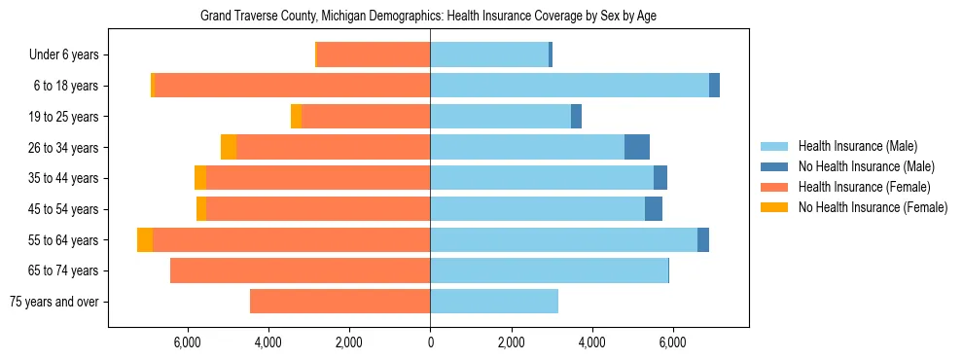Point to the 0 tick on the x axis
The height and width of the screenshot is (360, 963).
[x=430, y=342]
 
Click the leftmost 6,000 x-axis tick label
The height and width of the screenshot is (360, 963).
[x=187, y=342]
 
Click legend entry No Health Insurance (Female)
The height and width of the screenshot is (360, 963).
[x=873, y=207]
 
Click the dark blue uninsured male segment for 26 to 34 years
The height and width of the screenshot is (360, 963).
[x=637, y=147]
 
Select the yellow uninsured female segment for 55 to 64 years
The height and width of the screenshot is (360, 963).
[x=145, y=239]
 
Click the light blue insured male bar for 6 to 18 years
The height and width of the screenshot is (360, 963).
[x=569, y=86]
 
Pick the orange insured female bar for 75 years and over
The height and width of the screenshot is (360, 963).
[x=339, y=302]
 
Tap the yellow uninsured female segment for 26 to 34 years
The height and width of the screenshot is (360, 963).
[x=229, y=147]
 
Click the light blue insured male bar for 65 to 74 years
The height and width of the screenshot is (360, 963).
[x=549, y=270]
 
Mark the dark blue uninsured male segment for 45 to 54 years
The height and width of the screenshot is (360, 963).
[x=654, y=209]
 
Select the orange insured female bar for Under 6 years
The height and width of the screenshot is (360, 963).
[x=374, y=54]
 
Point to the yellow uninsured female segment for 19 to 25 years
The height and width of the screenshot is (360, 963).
[x=297, y=117]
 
